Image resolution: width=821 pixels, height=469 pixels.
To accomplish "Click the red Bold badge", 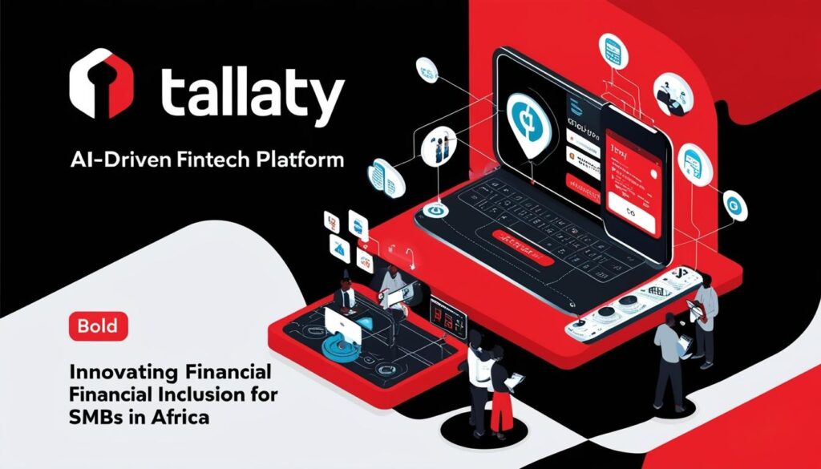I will [x=99, y=325].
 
